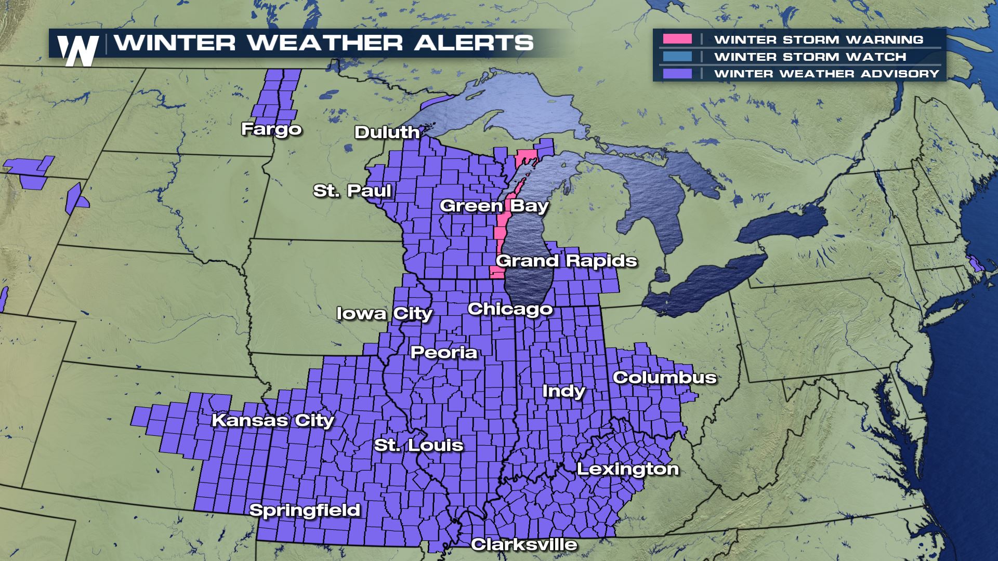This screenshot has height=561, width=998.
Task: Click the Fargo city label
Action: (x=271, y=129)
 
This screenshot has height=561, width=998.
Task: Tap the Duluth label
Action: (x=387, y=132)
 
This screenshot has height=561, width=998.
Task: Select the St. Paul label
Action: (x=352, y=191)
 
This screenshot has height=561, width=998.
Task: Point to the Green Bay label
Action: (x=494, y=206)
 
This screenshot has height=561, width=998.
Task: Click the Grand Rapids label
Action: (x=567, y=260)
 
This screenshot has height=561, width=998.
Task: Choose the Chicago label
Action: (x=510, y=309)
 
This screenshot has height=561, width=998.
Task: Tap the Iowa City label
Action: (x=385, y=314)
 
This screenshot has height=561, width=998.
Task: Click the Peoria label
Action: (x=444, y=353)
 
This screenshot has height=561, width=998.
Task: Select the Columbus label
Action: (x=665, y=378)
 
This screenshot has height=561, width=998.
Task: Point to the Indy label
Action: (x=563, y=391)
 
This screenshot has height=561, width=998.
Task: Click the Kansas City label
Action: (x=273, y=420)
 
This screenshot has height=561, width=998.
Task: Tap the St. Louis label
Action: (x=418, y=445)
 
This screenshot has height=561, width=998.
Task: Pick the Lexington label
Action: (x=628, y=469)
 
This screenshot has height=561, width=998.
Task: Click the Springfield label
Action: (x=305, y=510)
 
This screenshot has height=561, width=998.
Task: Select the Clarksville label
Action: (x=524, y=544)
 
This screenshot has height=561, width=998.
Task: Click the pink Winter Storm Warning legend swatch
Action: (x=677, y=39)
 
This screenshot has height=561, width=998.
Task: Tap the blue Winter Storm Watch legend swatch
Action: (x=677, y=57)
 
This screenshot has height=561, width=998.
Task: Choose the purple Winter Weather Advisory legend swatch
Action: (x=677, y=74)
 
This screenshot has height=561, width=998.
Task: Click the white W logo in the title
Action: (x=78, y=51)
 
